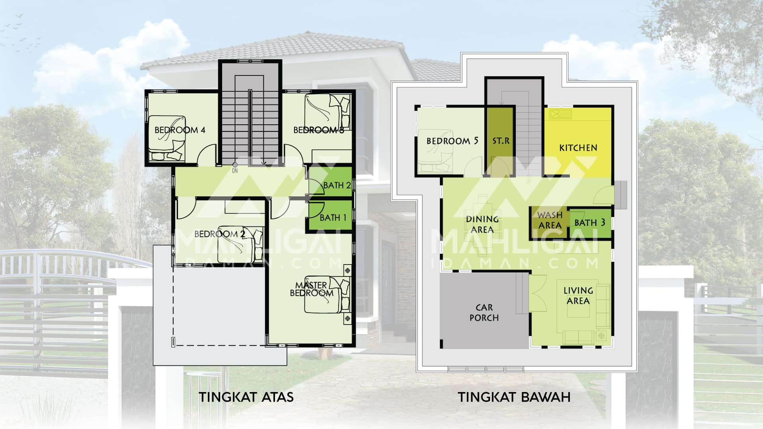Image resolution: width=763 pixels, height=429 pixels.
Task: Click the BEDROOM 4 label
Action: tap(180, 130)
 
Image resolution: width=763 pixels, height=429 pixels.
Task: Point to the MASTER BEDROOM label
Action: tap(312, 289)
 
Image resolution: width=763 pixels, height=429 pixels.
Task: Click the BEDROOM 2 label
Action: tap(219, 234)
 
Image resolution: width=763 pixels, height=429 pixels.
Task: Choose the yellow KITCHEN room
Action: tap(578, 142)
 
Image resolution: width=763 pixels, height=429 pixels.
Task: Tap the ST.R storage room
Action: tap(500, 141)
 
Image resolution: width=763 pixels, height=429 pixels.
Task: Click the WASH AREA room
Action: tap(550, 222)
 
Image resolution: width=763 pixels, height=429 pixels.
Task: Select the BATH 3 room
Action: tap(590, 223)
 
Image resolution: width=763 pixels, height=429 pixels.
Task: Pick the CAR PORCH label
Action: tap(484, 313)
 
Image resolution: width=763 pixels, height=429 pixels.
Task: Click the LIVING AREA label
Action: tap(578, 296)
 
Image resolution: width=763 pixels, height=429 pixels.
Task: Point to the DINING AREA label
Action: tap(482, 224)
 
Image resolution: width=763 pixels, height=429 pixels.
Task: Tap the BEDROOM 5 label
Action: tap(452, 141)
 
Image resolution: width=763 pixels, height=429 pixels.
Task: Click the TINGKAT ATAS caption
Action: tap(246, 397)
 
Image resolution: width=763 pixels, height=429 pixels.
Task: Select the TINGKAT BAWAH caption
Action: tap(514, 397)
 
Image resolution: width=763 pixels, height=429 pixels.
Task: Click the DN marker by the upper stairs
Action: tap(235, 171)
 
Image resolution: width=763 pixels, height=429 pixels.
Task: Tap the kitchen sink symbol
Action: tap(560, 115)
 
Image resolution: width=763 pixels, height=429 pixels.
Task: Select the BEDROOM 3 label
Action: tap(319, 130)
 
